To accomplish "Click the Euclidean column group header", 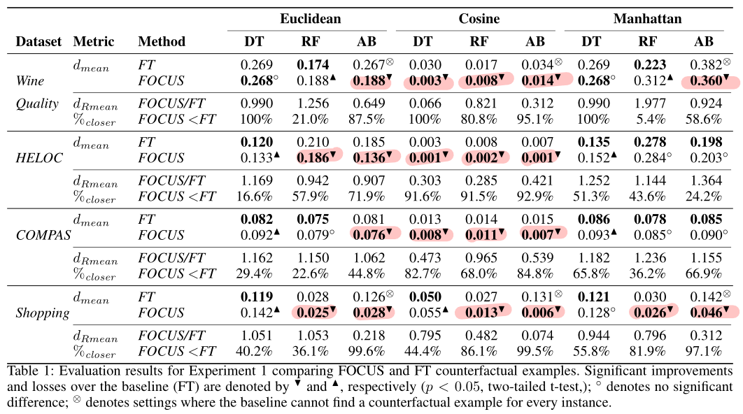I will pyautogui.click(x=311, y=19).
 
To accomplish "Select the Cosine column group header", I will pyautogui.click(x=479, y=19).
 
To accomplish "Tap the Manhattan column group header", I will pyautogui.click(x=647, y=19).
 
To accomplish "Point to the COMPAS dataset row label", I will pyautogui.click(x=43, y=236).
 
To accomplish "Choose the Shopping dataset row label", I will pyautogui.click(x=43, y=313).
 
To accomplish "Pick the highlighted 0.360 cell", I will pyautogui.click(x=707, y=81).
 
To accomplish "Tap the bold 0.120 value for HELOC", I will pyautogui.click(x=256, y=143).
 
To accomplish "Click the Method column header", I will pyautogui.click(x=162, y=41).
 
